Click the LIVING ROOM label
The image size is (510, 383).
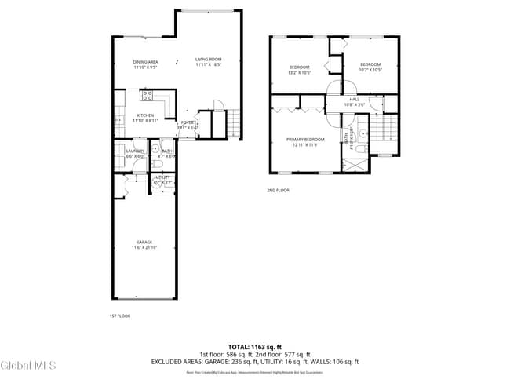click(208, 60)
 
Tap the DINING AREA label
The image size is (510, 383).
click(145, 62)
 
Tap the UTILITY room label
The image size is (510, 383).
click(162, 178)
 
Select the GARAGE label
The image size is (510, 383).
click(144, 242)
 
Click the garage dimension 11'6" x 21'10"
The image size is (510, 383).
click(144, 247)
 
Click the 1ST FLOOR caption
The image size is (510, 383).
click(119, 316)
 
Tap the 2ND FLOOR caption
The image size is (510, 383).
click(278, 190)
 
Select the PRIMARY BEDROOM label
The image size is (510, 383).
click(304, 139)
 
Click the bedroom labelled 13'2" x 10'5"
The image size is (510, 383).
click(299, 67)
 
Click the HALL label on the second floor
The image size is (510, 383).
click(355, 99)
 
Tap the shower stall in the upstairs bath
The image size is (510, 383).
click(354, 162)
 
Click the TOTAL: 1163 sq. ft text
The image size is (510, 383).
click(254, 346)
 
